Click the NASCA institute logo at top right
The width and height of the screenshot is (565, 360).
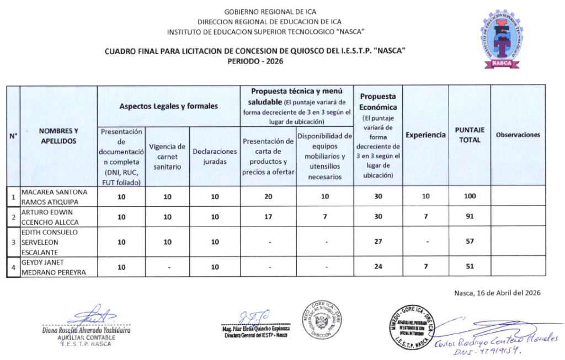(x=503, y=39)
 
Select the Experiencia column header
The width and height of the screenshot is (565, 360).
(x=425, y=135)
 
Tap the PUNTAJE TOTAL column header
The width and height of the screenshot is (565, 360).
(x=470, y=135)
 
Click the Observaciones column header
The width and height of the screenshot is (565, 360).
(x=518, y=135)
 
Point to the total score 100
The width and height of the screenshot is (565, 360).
(x=470, y=197)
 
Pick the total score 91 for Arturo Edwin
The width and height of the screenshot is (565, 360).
(x=470, y=217)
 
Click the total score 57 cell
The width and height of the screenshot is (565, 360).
(x=470, y=242)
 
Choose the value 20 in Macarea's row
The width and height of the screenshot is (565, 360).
(x=268, y=197)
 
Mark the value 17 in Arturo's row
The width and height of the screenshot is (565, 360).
(x=268, y=217)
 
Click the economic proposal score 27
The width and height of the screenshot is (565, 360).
(x=378, y=242)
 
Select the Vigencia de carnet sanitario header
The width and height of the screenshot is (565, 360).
(x=167, y=157)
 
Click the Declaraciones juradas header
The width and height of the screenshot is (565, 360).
(x=215, y=157)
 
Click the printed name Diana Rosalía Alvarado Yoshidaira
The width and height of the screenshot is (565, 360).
(x=86, y=331)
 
